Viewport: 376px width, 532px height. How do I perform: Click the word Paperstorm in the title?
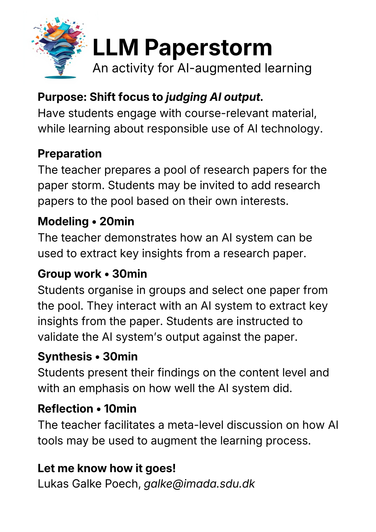tap(208, 48)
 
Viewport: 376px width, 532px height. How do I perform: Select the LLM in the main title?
tap(116, 48)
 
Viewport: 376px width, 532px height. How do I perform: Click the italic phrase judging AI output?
tap(214, 97)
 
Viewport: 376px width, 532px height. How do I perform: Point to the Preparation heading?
tap(70, 154)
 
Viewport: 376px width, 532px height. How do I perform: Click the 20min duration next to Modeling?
tap(117, 222)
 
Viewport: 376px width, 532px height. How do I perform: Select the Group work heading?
tap(69, 274)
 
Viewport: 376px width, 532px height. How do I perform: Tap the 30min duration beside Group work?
tap(129, 274)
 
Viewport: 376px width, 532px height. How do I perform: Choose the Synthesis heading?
tap(65, 357)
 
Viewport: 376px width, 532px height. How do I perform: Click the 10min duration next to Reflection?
tap(120, 409)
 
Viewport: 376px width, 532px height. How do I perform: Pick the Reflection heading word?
tap(65, 409)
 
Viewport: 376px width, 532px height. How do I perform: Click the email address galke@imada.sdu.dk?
tap(199, 484)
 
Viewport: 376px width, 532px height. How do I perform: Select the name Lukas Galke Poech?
tap(89, 484)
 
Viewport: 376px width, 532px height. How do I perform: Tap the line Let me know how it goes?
tap(107, 468)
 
